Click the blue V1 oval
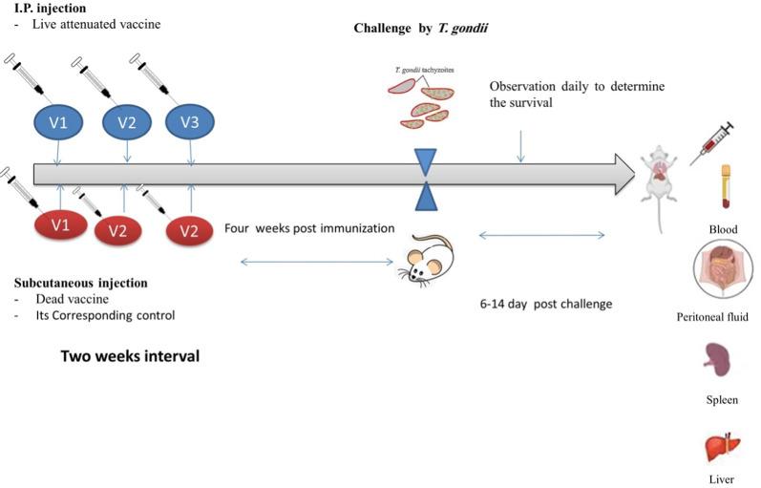(x=59, y=121)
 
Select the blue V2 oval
(x=127, y=121)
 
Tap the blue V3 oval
(x=190, y=121)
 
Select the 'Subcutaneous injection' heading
(x=81, y=283)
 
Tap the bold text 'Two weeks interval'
(x=130, y=356)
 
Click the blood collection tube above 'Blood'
(x=725, y=187)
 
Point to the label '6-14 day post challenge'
(x=545, y=305)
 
